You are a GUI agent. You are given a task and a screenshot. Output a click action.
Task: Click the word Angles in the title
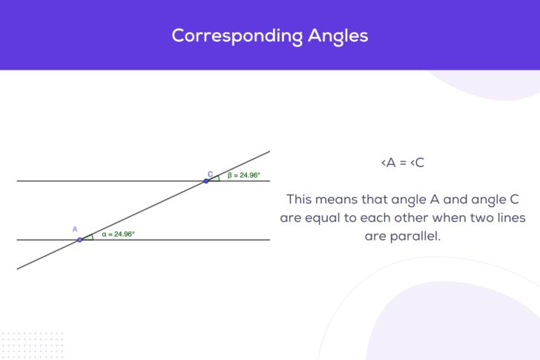337,36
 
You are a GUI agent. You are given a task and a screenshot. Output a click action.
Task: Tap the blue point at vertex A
80,240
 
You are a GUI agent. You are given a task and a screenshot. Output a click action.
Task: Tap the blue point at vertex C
206,181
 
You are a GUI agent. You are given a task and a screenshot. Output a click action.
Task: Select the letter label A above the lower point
75,229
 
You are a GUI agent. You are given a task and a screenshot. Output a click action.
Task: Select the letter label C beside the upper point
210,174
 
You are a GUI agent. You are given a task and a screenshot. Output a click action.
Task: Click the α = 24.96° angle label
119,234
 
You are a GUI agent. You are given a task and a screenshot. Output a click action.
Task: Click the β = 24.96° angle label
244,175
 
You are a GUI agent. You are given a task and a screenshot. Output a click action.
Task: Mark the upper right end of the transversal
269,152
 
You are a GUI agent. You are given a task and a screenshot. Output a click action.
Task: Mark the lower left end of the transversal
19,268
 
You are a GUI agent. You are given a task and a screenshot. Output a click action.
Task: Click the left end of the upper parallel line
19,181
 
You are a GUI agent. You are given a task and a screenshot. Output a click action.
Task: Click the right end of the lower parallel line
269,240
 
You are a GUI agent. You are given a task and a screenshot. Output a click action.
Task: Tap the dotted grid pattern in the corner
31,344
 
